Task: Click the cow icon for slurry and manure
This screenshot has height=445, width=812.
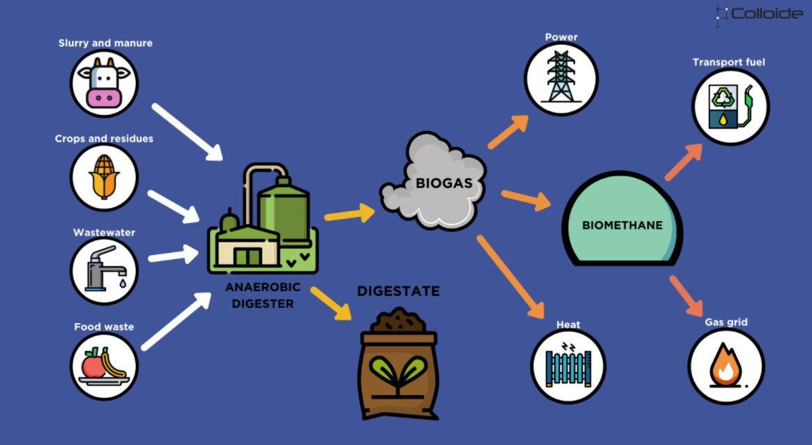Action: [x=104, y=83]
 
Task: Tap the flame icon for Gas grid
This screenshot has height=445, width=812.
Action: [x=726, y=366]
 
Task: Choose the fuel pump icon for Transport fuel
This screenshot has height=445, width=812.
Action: [x=731, y=107]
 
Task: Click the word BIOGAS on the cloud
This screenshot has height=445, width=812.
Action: [x=444, y=183]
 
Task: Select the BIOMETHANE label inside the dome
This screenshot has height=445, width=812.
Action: [x=622, y=225]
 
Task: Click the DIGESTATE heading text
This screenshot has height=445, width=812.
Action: [x=398, y=291]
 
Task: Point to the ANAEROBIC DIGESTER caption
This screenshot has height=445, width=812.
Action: [x=263, y=295]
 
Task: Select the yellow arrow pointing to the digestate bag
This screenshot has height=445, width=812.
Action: [x=331, y=303]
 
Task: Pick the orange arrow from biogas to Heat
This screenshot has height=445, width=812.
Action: [x=510, y=277]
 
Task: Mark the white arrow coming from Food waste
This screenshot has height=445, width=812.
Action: [x=176, y=321]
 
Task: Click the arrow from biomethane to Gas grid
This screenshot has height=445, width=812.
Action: [x=687, y=296]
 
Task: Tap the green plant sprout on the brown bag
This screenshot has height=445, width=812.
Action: [x=398, y=374]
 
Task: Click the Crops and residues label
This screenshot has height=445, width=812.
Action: [x=104, y=139]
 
